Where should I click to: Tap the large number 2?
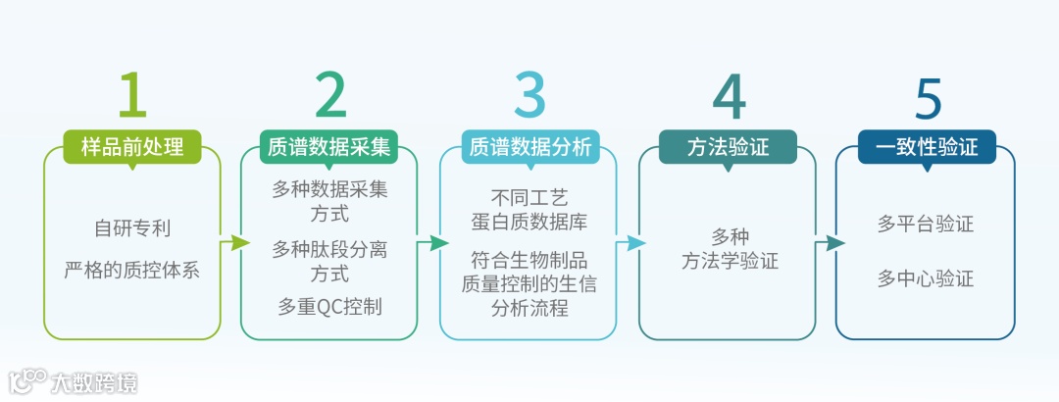(330, 95)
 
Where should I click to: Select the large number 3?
(529, 95)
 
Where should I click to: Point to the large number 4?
(729, 95)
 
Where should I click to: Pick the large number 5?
(927, 95)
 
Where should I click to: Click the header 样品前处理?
(132, 147)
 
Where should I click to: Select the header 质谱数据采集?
(329, 147)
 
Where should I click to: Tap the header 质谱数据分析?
(529, 147)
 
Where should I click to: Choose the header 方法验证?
(728, 147)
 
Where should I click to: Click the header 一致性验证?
(927, 147)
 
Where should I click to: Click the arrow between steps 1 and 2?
(233, 242)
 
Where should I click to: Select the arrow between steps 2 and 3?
(432, 242)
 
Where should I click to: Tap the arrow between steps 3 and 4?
(630, 242)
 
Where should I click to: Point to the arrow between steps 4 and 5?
(830, 242)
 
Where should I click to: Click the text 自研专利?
(132, 228)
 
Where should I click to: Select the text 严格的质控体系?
(132, 270)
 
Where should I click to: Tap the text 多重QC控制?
(329, 307)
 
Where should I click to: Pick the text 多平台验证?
(926, 224)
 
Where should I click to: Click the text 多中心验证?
(926, 279)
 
